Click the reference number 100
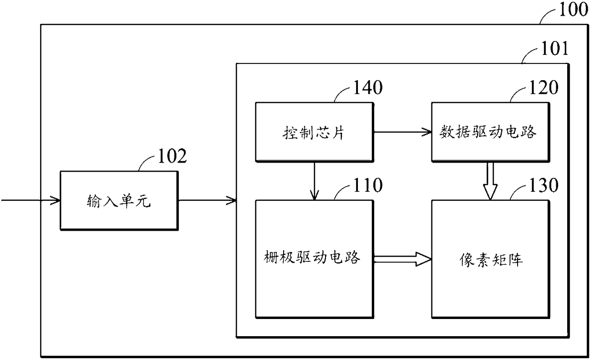click(573, 10)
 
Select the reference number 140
click(367, 87)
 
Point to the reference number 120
click(544, 87)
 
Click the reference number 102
click(172, 156)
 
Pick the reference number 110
click(367, 185)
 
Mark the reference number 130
click(544, 185)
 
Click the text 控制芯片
click(314, 132)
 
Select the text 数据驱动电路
click(488, 132)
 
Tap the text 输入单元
click(119, 201)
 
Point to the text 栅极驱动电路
click(312, 257)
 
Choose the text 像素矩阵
click(491, 260)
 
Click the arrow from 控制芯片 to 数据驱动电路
click(403, 132)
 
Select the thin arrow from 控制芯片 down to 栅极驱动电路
click(314, 181)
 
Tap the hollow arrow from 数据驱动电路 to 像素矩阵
click(490, 181)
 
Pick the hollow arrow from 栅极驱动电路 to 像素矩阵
click(403, 259)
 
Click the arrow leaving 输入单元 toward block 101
click(207, 200)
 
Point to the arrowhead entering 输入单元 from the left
click(55, 200)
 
